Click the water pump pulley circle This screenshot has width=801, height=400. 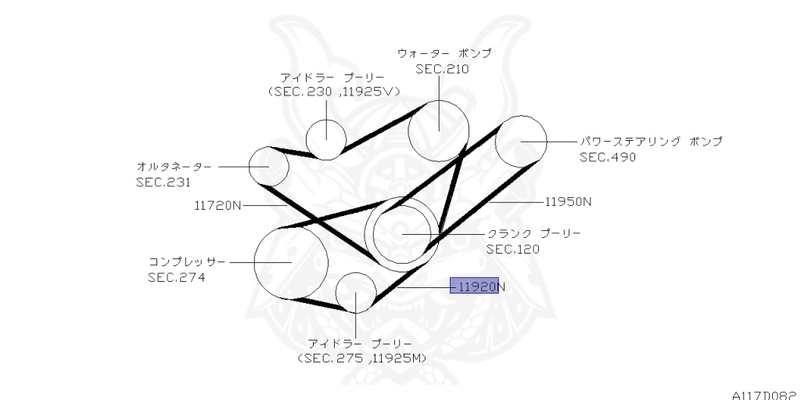point(439,127)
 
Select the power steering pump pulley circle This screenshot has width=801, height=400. point(520,141)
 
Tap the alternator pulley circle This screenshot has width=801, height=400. point(269,166)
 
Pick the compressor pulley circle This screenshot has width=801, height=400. point(290,262)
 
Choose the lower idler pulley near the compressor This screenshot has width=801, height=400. point(356,292)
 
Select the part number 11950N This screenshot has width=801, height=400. point(568,201)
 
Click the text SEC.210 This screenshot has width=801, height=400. point(443,69)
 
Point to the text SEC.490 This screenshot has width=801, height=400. point(608,157)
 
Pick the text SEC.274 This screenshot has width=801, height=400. point(177,276)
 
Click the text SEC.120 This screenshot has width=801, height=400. point(514,249)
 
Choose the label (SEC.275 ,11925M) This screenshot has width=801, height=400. point(361,359)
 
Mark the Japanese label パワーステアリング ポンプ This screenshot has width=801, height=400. point(651,142)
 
